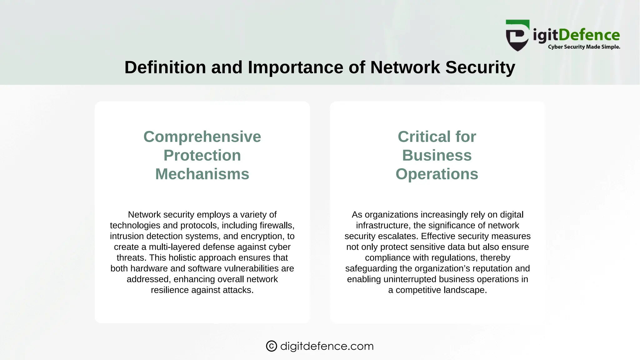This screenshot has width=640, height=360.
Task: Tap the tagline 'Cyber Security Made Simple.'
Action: [x=584, y=47]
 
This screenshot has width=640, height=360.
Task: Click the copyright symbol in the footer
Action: [x=271, y=346]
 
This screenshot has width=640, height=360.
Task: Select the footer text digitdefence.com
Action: [x=327, y=346]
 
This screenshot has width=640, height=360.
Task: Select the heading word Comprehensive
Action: [x=202, y=137]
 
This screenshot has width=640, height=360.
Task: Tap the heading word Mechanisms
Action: [x=202, y=174]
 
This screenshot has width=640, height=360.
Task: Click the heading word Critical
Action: [x=424, y=137]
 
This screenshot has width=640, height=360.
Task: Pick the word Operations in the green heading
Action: [x=437, y=174]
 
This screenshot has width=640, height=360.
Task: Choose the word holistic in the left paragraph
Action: [x=183, y=257]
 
